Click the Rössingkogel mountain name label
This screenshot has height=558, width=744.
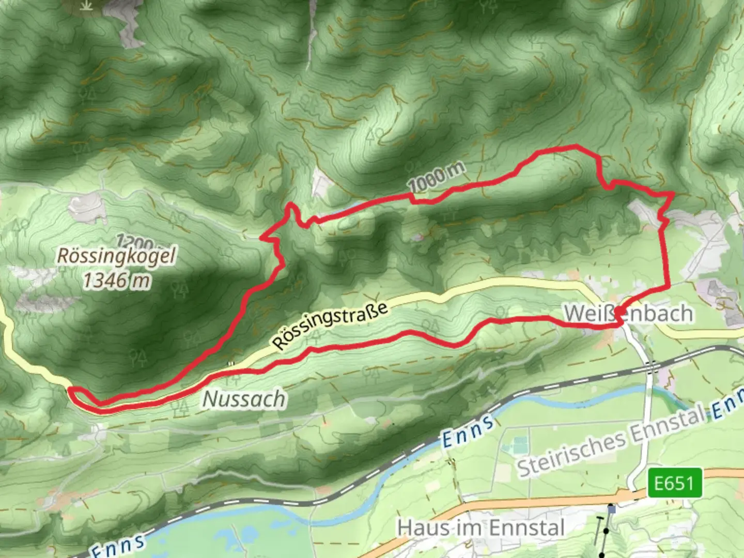pos(116,256)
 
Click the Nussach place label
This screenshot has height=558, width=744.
pos(244,399)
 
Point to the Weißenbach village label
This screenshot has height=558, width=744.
pos(628,314)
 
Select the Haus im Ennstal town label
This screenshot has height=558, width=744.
pos(481,528)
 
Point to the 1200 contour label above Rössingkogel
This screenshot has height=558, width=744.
pos(134,242)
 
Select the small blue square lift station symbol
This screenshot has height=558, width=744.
pos(612,509)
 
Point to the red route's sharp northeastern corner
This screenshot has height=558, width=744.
pos(672,193)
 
